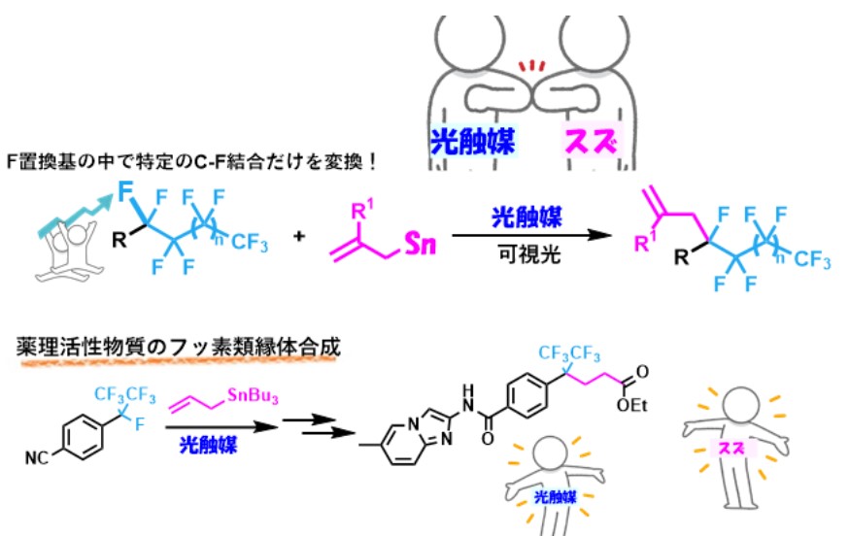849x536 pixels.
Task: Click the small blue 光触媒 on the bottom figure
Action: [x=556, y=497]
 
